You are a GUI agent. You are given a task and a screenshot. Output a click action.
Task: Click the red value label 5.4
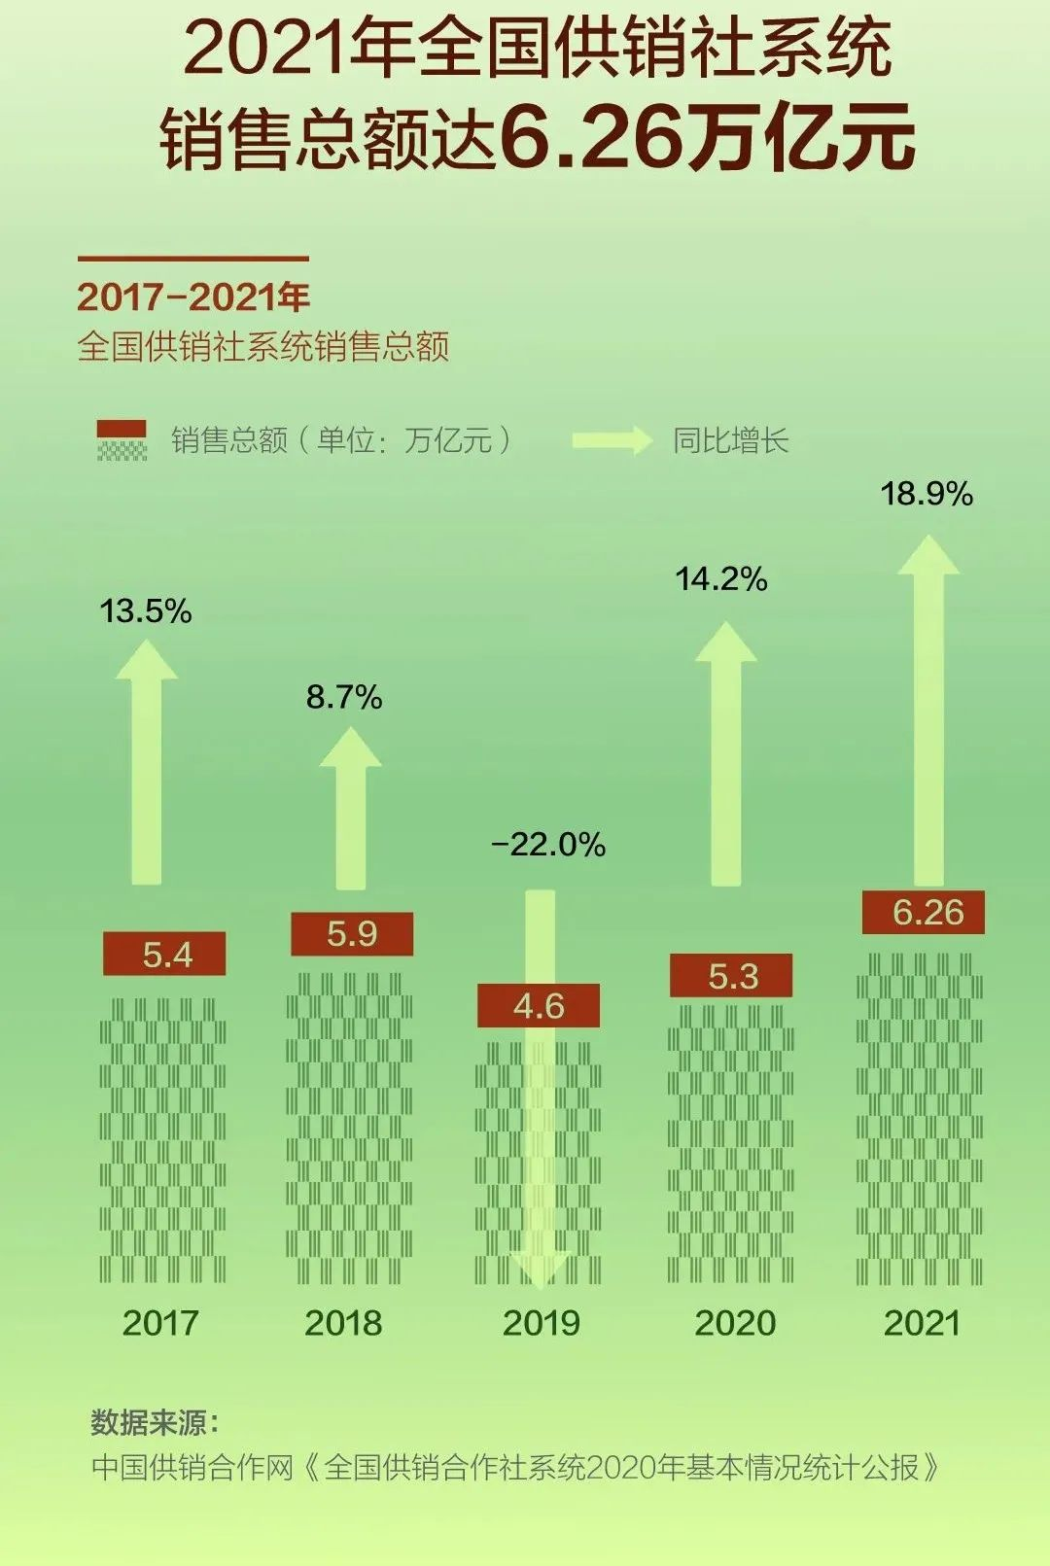164,955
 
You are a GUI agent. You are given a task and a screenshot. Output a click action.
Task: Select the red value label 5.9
352,934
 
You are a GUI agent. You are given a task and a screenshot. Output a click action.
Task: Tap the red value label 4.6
539,1006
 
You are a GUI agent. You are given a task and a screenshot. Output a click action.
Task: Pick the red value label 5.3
731,976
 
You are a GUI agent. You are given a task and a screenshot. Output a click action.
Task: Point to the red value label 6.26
924,913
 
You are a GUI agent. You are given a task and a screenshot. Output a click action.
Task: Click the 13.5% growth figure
146,611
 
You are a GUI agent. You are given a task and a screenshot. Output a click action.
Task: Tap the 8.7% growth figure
344,697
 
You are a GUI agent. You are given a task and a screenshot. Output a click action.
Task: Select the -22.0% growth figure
549,844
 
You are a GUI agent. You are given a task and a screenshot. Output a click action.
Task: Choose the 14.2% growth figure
721,579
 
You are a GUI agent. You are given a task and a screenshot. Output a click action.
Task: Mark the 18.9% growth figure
927,494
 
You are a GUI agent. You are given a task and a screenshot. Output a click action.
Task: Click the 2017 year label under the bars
160,1323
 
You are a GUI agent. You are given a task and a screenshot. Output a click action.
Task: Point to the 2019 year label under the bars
542,1323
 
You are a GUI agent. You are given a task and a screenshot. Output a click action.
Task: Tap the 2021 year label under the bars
922,1323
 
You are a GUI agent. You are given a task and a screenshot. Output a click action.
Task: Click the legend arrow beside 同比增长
612,440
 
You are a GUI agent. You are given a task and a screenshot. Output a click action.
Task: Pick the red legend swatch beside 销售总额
122,429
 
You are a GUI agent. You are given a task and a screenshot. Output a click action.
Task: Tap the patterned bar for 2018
349,1128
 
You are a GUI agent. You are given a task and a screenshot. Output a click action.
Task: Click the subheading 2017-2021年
193,297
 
